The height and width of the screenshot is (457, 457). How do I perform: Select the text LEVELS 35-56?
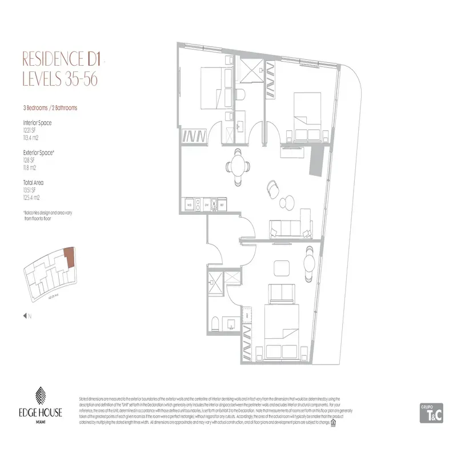click(x=59, y=79)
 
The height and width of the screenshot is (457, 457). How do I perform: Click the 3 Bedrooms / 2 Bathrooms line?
click(x=50, y=107)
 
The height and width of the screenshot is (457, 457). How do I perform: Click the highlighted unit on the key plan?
click(x=68, y=256)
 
